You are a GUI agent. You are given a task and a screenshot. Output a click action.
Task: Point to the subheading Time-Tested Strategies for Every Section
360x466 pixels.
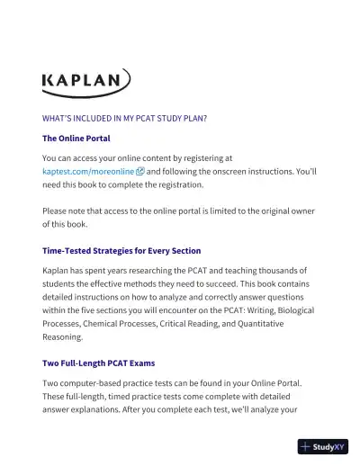click(x=121, y=250)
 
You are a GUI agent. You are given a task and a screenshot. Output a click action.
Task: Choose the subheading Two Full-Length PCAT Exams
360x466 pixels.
click(x=99, y=363)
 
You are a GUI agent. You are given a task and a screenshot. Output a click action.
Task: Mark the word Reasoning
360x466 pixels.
click(x=63, y=337)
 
